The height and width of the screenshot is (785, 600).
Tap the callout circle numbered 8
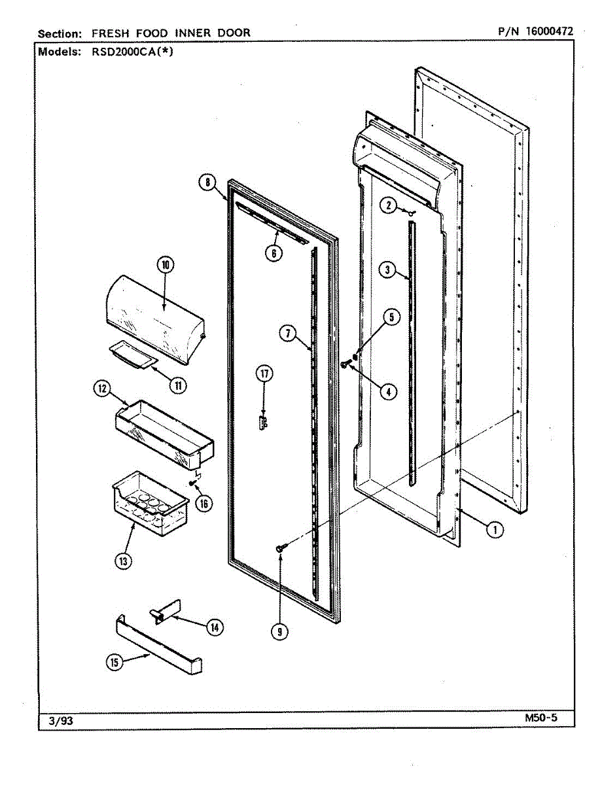pos(207,183)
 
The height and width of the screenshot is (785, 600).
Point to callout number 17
pos(264,374)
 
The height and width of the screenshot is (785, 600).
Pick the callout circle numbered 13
pos(123,560)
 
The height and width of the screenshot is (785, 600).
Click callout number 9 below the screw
pos(279,631)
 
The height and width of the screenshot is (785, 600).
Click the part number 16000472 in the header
pos(544,31)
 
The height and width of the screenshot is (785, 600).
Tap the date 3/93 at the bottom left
pos(61,721)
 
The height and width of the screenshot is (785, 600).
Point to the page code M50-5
pos(540,718)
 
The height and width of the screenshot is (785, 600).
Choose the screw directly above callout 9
pos(280,547)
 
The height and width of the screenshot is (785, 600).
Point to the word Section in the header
pos(60,33)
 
